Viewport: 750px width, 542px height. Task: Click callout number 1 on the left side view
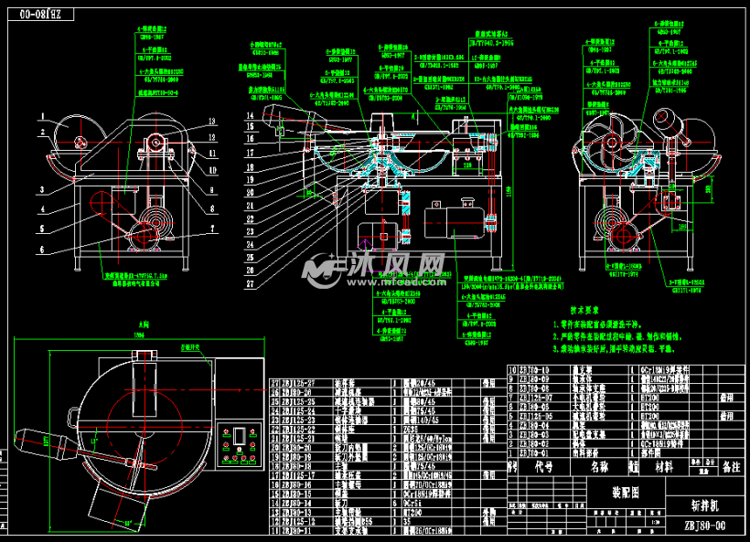pyautogui.click(x=42, y=115)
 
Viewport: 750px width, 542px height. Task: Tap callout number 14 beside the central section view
pyautogui.click(x=249, y=116)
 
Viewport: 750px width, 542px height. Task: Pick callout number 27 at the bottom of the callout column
pyautogui.click(x=249, y=283)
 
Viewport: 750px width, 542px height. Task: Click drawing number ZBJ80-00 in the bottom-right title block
pyautogui.click(x=707, y=526)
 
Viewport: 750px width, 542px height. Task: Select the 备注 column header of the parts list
pyautogui.click(x=731, y=467)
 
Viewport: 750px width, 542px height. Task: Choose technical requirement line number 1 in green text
pyautogui.click(x=622, y=324)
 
